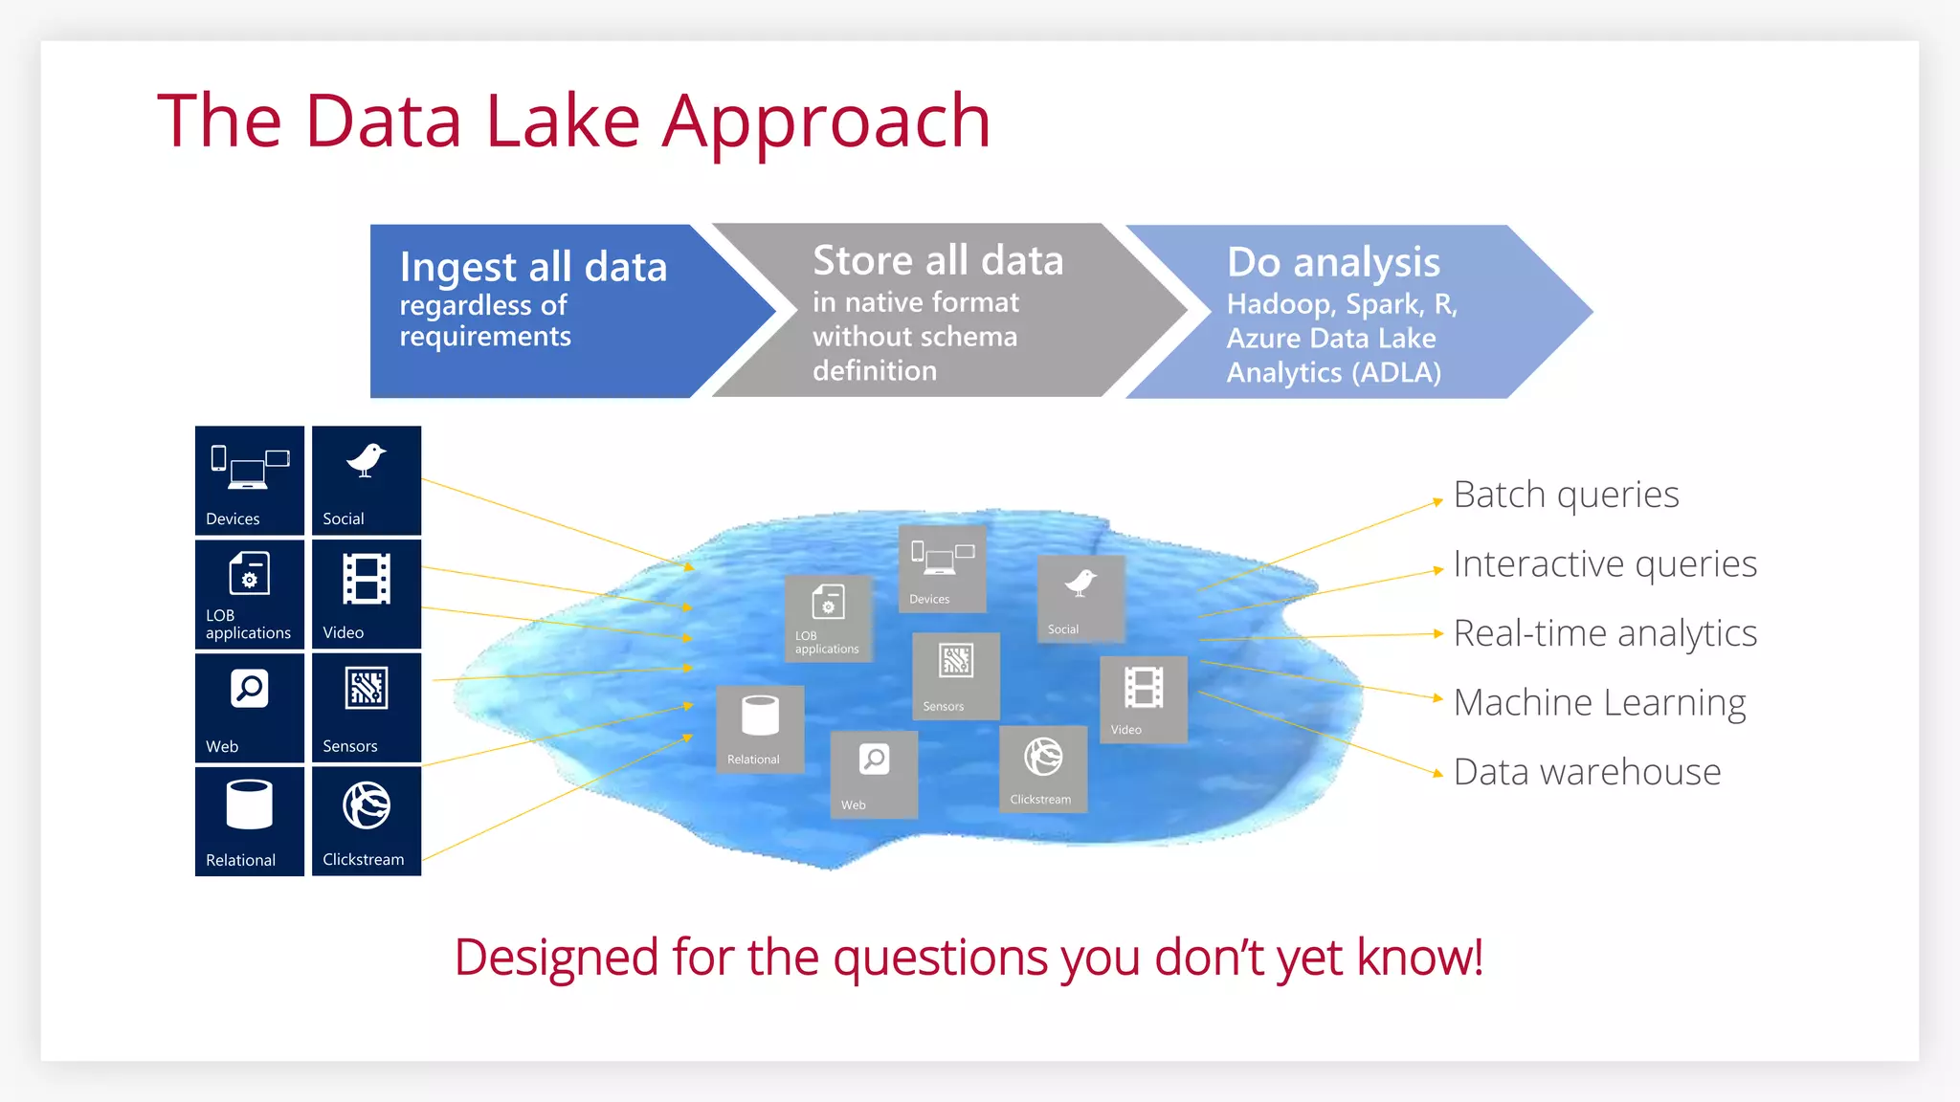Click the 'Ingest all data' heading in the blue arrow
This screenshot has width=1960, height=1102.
tap(533, 267)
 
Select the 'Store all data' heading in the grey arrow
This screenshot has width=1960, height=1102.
tap(937, 260)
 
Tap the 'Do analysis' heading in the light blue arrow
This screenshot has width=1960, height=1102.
tap(1333, 262)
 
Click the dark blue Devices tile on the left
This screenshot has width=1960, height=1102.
tap(250, 480)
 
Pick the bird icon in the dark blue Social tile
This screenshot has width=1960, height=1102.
tap(366, 460)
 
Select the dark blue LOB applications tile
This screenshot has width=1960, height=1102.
tap(250, 594)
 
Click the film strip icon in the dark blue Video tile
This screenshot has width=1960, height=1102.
tap(367, 579)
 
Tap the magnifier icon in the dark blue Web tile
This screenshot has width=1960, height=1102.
tap(250, 689)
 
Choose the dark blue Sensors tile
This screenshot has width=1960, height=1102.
tap(367, 708)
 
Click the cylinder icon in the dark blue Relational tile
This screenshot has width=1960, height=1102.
tap(250, 804)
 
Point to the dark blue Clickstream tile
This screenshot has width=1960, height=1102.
tap(367, 822)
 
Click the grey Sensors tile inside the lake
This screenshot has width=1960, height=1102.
tap(955, 676)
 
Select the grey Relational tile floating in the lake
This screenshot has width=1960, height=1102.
tap(760, 729)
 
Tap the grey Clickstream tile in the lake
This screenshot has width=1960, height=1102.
tap(1042, 769)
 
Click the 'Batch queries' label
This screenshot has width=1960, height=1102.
tap(1566, 496)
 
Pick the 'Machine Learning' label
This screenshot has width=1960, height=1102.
tap(1599, 703)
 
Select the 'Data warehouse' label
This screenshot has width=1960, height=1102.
tap(1587, 772)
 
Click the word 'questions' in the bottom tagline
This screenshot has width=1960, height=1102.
tap(940, 958)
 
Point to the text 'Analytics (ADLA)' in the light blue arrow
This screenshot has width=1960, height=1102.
tap(1333, 373)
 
